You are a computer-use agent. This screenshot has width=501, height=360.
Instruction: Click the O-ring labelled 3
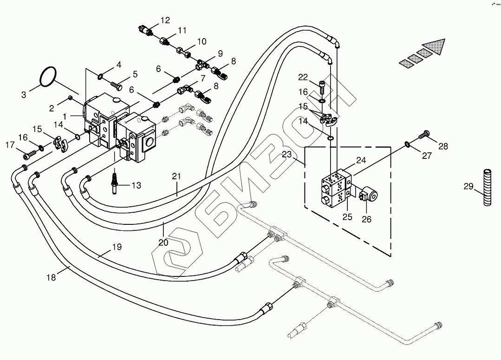pyautogui.click(x=47, y=76)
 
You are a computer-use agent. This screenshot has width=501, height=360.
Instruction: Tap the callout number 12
pyautogui.click(x=165, y=20)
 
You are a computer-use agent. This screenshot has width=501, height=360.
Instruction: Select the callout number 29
pyautogui.click(x=468, y=187)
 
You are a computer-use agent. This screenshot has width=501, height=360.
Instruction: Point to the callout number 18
pyautogui.click(x=51, y=277)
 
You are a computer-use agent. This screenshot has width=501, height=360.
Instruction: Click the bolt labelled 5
pyautogui.click(x=116, y=85)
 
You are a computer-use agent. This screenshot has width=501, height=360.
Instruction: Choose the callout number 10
pyautogui.click(x=201, y=41)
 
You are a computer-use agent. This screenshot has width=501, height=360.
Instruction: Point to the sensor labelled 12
pyautogui.click(x=148, y=30)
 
